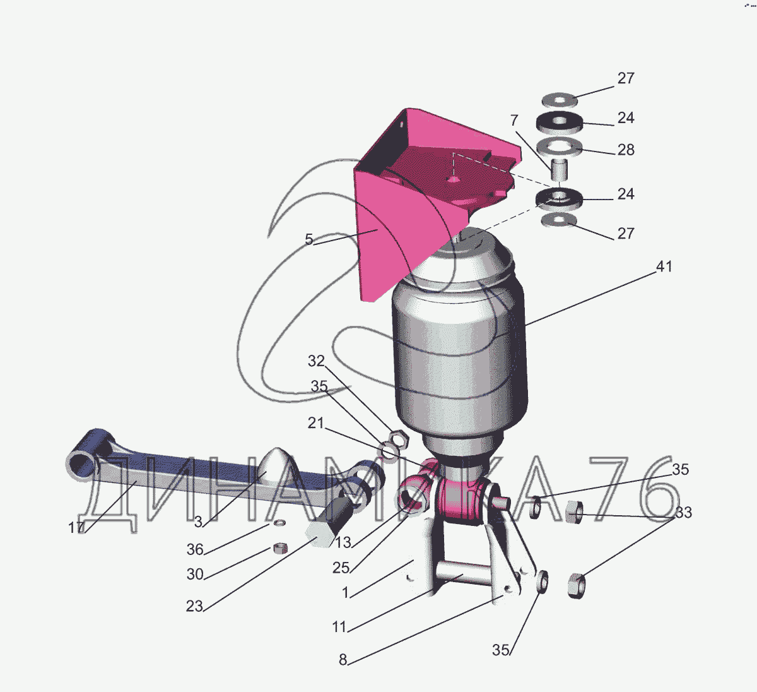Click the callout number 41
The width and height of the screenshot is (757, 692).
pos(664,266)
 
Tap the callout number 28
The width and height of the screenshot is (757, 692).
pos(626,150)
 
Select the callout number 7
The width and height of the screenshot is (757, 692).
pos(514,121)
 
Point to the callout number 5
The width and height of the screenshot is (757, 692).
pos(309,239)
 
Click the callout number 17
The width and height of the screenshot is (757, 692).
pos(76,527)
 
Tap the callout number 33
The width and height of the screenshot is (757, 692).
pos(683,513)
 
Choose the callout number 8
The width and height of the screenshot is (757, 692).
pos(343,660)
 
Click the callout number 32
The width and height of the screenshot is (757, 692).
pos(316,361)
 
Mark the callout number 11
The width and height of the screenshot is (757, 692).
pos(339,627)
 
